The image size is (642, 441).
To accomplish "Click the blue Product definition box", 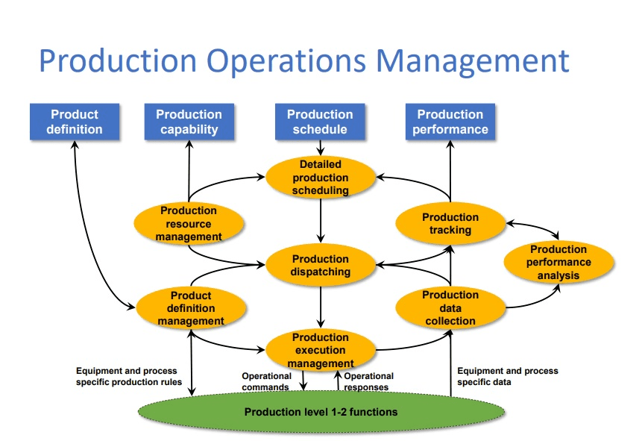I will pos(75,122).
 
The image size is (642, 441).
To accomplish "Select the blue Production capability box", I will pos(189,122).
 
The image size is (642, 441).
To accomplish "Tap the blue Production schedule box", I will pos(320,122).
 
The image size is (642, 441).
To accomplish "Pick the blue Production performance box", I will pos(450,122).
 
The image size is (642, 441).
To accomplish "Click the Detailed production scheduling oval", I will pos(321,178).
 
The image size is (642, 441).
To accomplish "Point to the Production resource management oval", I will pos(189,224).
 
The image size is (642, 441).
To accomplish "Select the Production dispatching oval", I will pos(321,265).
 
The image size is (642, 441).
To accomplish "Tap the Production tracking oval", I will pos(450,224).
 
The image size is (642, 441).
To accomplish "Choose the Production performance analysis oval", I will pos(558,262).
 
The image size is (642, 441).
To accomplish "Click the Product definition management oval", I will pos(191,308).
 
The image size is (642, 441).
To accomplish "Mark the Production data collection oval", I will pos(450,308).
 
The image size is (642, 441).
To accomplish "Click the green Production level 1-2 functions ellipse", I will pos(321,411).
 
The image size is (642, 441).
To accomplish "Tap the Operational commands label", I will pos(266,382).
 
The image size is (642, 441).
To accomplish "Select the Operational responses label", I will pos(368,382).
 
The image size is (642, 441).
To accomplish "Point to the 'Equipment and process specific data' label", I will pos(507,376).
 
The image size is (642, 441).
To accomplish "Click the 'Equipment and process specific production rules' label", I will pos(128,376).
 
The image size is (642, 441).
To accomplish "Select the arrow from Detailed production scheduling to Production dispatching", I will pos(321,220).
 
